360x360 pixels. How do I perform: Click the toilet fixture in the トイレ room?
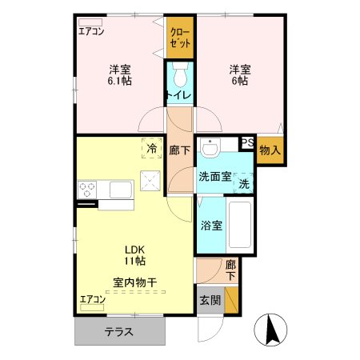(179, 78)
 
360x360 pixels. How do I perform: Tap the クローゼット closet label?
(179, 37)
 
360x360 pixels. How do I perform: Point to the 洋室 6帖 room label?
(239, 74)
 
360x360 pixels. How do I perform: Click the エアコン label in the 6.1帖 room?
(92, 31)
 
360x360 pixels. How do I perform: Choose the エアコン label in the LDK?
(92, 299)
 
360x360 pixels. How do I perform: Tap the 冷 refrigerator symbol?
(150, 147)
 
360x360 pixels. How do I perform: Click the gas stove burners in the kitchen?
(87, 190)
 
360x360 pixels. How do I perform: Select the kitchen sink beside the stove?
(121, 190)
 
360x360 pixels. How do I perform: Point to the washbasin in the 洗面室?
(210, 150)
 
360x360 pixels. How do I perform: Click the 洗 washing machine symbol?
(243, 183)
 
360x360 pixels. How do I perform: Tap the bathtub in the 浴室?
(241, 226)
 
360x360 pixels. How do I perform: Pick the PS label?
(247, 143)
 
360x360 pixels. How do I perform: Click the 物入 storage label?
(270, 150)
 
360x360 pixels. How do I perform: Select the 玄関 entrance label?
(210, 300)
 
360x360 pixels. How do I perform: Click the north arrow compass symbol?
(270, 328)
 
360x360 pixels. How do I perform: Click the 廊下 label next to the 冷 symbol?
(179, 150)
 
